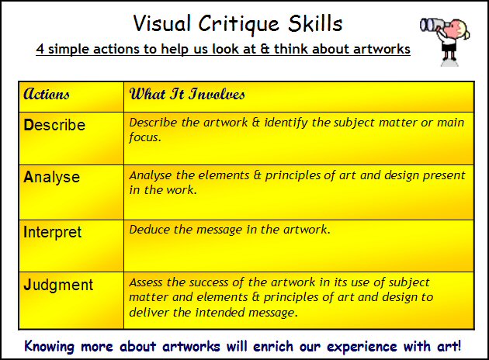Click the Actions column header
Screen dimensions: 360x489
point(47,95)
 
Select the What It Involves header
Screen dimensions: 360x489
point(187,95)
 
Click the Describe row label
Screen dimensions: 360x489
point(54,125)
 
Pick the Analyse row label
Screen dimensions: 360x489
point(52,177)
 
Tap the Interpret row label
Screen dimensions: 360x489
point(53,232)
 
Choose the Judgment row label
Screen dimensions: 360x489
point(58,285)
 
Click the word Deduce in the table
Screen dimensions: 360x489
point(149,229)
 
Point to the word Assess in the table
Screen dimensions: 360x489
point(147,282)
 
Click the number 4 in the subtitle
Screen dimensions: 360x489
point(40,50)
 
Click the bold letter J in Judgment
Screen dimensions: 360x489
point(27,285)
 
